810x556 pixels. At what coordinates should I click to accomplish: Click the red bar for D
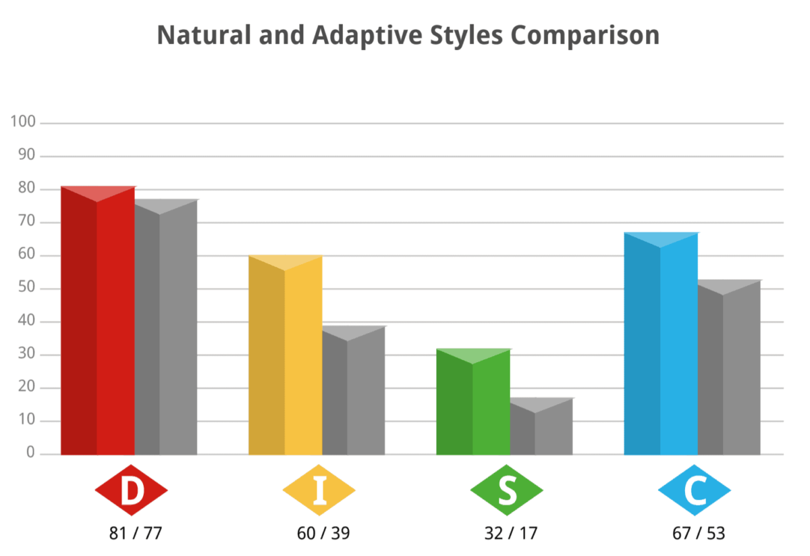pyautogui.click(x=98, y=324)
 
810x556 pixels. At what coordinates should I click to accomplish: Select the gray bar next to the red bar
pyautogui.click(x=166, y=331)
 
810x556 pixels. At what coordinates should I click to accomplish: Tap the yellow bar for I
pyautogui.click(x=286, y=358)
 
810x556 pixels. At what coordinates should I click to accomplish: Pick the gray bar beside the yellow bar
pyautogui.click(x=354, y=392)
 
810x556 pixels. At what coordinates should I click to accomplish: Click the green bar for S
pyautogui.click(x=473, y=405)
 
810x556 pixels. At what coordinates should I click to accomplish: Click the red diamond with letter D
pyautogui.click(x=132, y=490)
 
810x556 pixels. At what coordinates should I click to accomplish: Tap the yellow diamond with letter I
pyautogui.click(x=319, y=490)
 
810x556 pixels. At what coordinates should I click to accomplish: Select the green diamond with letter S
pyautogui.click(x=507, y=490)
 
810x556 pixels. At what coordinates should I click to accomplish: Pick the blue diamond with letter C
pyautogui.click(x=695, y=490)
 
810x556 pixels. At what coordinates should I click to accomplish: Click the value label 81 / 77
pyautogui.click(x=136, y=533)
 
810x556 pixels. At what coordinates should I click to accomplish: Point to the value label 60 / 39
pyautogui.click(x=323, y=533)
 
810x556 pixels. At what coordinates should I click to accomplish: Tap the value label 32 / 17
pyautogui.click(x=511, y=533)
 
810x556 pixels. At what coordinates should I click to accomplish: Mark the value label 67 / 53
pyautogui.click(x=699, y=533)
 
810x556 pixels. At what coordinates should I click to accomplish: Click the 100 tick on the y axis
pyautogui.click(x=24, y=122)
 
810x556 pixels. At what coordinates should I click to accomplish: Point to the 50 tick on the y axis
pyautogui.click(x=27, y=288)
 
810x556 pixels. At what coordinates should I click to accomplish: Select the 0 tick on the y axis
pyautogui.click(x=30, y=453)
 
